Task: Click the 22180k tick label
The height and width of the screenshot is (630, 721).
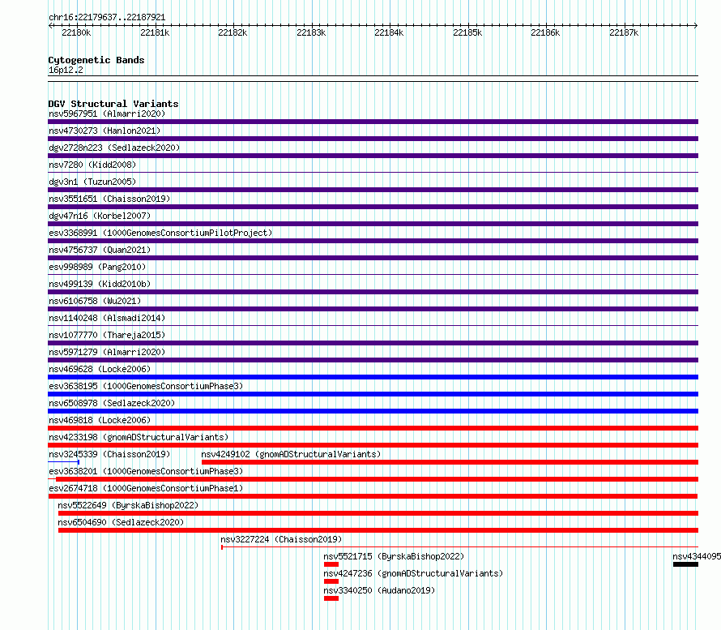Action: tap(76, 33)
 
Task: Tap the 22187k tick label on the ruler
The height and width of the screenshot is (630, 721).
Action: tap(624, 33)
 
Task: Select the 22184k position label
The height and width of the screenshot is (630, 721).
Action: tap(389, 33)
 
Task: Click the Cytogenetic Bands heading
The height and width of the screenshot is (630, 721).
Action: tap(96, 60)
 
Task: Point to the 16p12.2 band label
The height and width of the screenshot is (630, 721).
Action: tap(66, 70)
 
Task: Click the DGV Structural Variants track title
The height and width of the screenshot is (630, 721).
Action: tap(113, 104)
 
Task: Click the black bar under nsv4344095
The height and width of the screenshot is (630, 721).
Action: tap(685, 564)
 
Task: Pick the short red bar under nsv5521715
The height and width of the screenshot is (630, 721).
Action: tap(331, 564)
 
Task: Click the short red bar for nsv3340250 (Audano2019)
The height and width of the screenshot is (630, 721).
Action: tap(331, 598)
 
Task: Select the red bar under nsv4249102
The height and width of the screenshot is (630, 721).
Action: tap(449, 462)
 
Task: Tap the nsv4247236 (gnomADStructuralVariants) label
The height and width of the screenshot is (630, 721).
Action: tap(412, 573)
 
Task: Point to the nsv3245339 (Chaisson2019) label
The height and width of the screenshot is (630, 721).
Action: tap(109, 454)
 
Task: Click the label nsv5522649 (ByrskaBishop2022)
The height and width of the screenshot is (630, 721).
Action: tap(128, 505)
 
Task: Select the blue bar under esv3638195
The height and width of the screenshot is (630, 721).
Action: tap(373, 394)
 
